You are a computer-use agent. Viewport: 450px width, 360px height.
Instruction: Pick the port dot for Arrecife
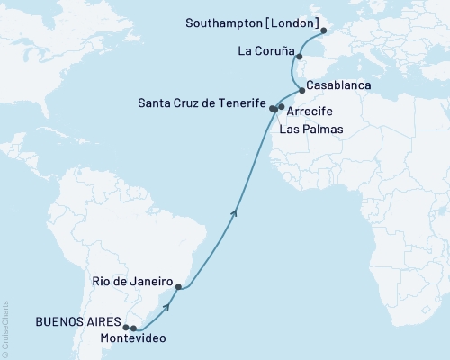pos(282,107)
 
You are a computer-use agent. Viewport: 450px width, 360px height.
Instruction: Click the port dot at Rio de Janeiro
pos(178,287)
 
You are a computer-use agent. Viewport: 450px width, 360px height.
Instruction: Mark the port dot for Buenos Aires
pos(127,328)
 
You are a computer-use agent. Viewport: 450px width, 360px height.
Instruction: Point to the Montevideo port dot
pos(134,328)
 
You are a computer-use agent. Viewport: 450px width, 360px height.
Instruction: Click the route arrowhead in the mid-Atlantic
pos(235,212)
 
